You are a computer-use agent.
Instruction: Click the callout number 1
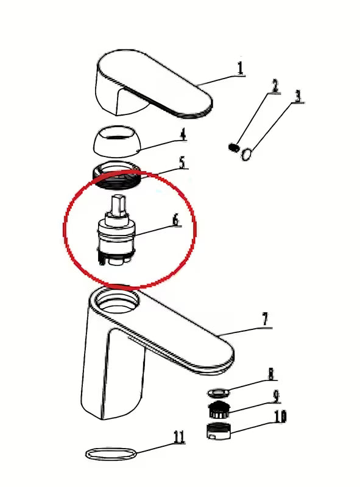(x=240, y=68)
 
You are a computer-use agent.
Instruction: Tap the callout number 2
(x=275, y=86)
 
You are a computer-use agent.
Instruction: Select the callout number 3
(x=298, y=96)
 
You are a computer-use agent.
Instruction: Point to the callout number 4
(x=183, y=134)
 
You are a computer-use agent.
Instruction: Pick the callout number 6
(x=176, y=220)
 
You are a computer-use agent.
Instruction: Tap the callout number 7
(x=265, y=319)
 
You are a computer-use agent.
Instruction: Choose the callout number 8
(x=272, y=374)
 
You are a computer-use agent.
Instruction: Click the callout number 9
(x=276, y=396)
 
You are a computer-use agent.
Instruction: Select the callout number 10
(x=280, y=416)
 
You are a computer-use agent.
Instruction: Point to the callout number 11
(x=178, y=437)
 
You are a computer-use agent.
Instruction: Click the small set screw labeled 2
(x=234, y=147)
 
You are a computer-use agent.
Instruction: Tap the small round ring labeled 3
(x=247, y=155)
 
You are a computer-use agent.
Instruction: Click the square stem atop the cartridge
(x=118, y=205)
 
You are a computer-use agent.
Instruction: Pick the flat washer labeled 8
(x=219, y=393)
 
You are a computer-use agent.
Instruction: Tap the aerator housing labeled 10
(x=218, y=431)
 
